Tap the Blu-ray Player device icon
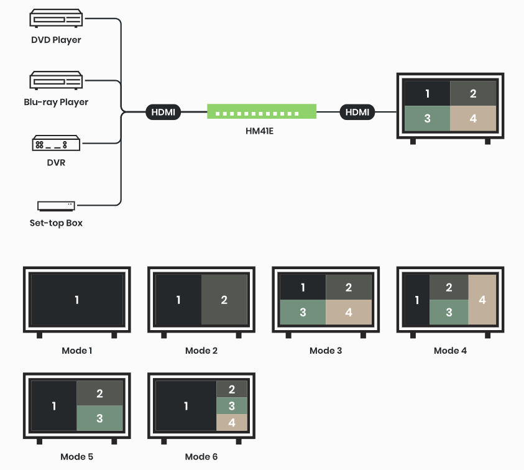pyautogui.click(x=56, y=81)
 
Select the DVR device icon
pyautogui.click(x=56, y=144)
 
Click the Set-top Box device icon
pyautogui.click(x=56, y=205)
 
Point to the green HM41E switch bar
pyautogui.click(x=262, y=112)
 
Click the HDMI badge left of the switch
pyautogui.click(x=163, y=113)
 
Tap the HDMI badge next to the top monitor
pyautogui.click(x=357, y=113)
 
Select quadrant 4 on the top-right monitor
pyautogui.click(x=473, y=118)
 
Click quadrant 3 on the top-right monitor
pyautogui.click(x=427, y=118)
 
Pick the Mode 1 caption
pyautogui.click(x=77, y=351)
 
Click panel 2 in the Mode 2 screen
pyautogui.click(x=224, y=300)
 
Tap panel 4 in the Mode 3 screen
pyautogui.click(x=349, y=312)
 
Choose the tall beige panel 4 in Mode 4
pyautogui.click(x=483, y=300)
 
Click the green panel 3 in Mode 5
pyautogui.click(x=100, y=418)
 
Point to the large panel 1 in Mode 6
pyautogui.click(x=186, y=407)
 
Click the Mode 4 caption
pyautogui.click(x=450, y=351)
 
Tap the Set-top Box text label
pyautogui.click(x=56, y=223)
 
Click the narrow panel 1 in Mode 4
pyautogui.click(x=416, y=300)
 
